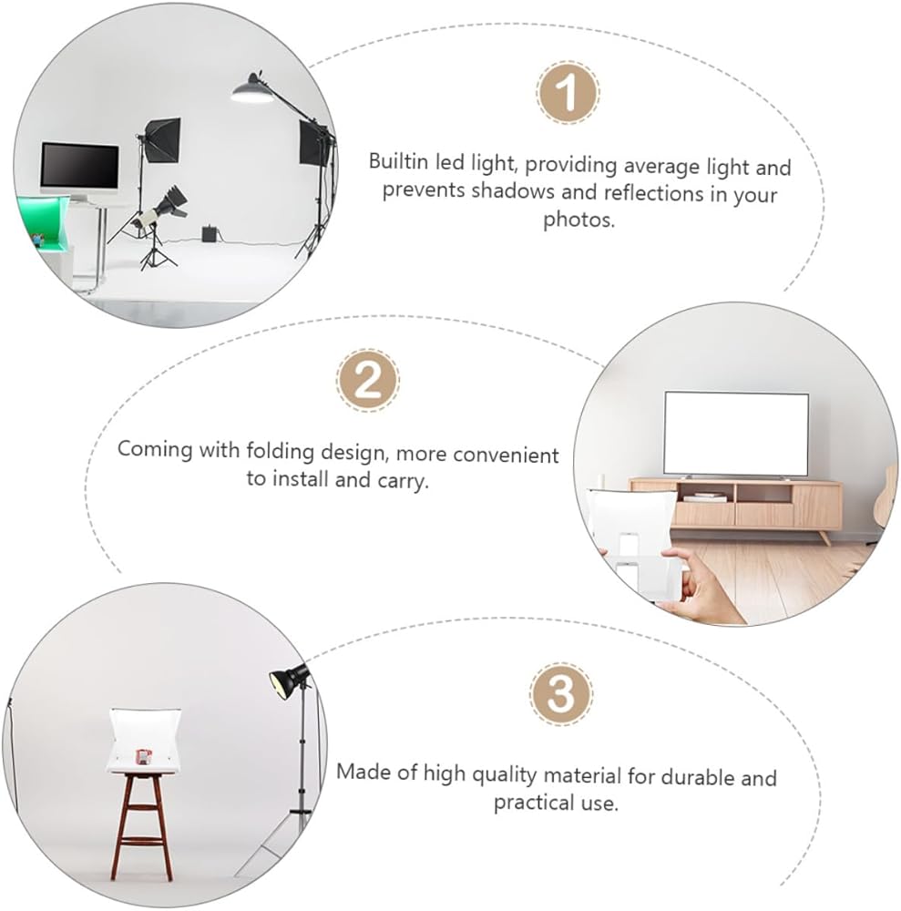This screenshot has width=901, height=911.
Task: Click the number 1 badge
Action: [568, 92]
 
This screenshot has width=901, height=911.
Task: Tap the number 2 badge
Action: [368, 381]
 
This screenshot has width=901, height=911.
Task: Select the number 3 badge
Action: [561, 693]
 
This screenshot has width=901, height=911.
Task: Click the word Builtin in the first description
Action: [398, 161]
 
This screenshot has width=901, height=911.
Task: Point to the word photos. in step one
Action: [578, 220]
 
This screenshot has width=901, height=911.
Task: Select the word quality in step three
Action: [504, 774]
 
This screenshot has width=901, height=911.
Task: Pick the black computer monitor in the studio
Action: [79, 165]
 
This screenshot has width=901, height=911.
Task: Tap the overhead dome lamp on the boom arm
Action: [252, 89]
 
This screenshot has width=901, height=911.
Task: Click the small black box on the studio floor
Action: [210, 233]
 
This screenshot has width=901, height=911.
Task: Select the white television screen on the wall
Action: [736, 434]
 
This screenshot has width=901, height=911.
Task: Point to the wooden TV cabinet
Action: [735, 506]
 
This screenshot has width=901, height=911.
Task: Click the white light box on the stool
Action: [145, 741]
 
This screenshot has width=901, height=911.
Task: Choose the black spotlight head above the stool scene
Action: [289, 680]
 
